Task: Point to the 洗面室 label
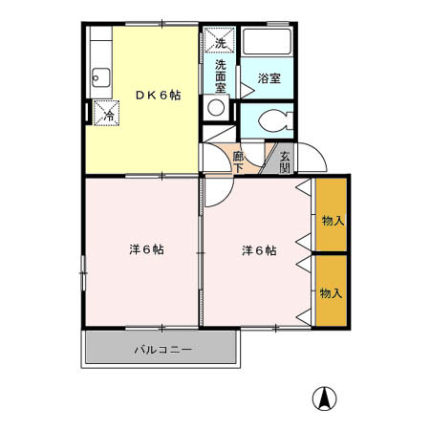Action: (219, 75)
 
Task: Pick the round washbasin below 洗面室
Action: (215, 108)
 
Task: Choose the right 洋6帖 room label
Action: (258, 250)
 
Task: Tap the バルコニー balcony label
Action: (162, 349)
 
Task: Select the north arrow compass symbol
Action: (326, 398)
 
